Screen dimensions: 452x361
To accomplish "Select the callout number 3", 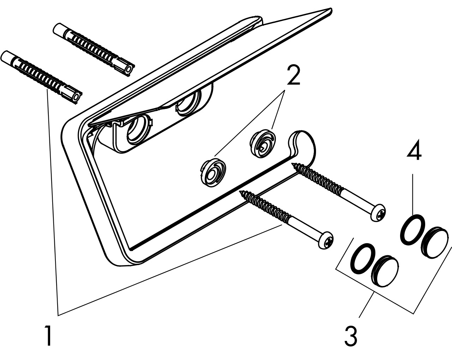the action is tap(351, 336).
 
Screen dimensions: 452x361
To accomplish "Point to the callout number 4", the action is tap(414, 149).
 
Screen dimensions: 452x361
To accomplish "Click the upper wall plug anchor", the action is tap(94, 50).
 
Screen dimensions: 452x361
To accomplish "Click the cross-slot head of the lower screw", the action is tap(326, 240).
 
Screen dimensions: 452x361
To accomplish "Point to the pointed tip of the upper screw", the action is tap(292, 164).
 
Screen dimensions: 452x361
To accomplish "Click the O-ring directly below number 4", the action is tap(412, 230).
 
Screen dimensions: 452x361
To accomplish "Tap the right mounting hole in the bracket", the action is tap(188, 103).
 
